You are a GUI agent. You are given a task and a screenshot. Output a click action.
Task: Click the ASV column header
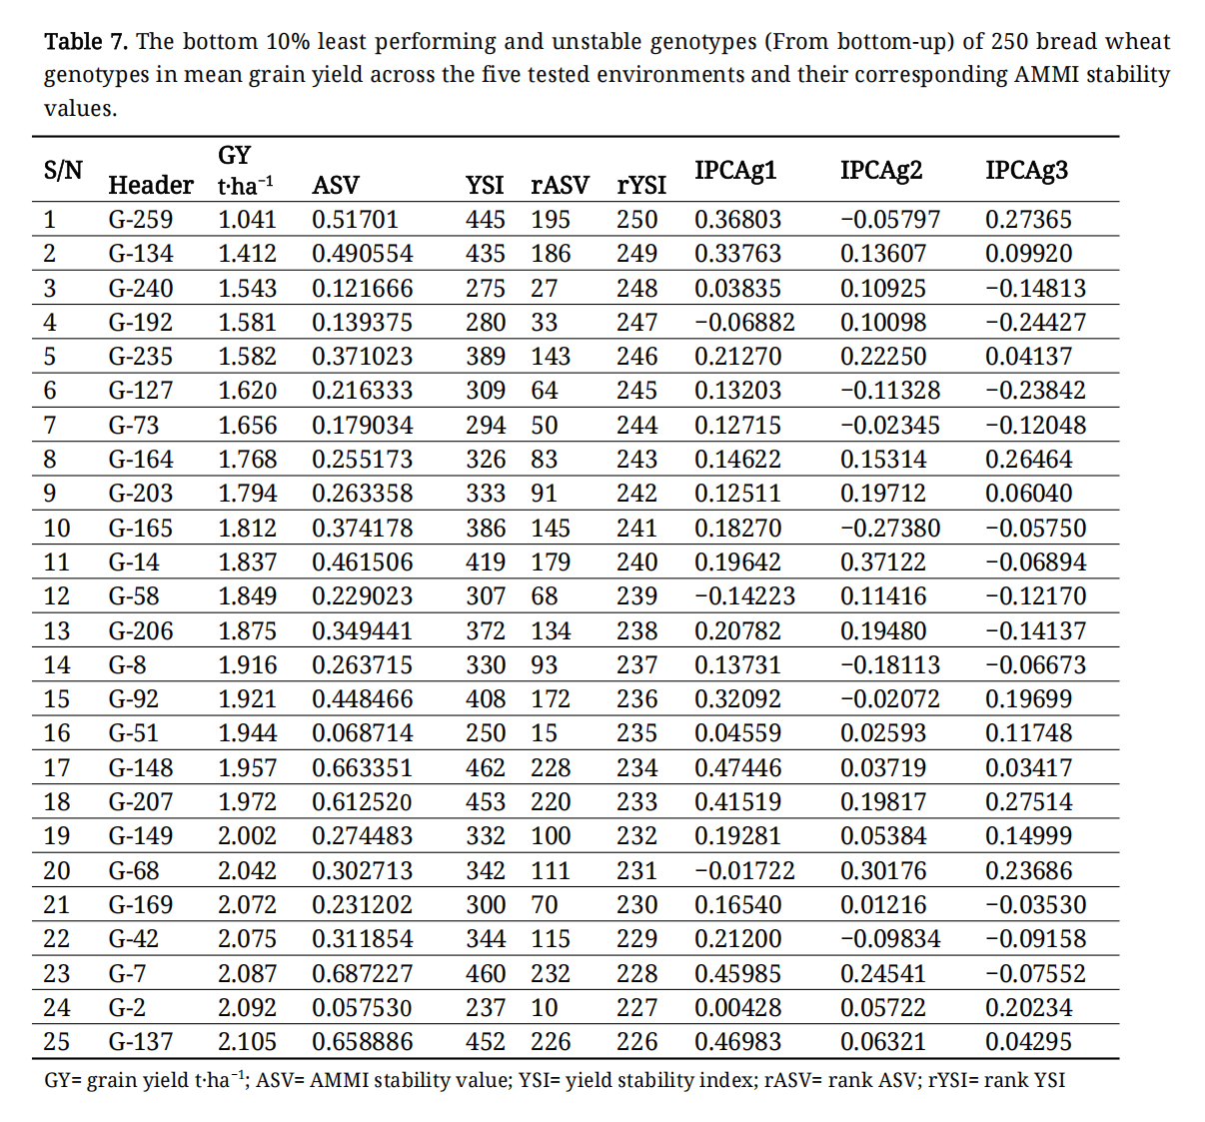[335, 185]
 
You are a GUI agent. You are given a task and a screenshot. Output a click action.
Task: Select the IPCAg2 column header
[880, 170]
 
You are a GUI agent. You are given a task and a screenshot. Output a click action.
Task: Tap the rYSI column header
[641, 185]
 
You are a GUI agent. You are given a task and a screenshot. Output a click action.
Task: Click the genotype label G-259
[140, 219]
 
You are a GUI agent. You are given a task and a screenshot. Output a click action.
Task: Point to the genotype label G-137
[140, 1041]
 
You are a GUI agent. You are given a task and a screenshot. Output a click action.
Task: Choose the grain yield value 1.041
[247, 219]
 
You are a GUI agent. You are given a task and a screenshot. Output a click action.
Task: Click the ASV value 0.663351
[362, 767]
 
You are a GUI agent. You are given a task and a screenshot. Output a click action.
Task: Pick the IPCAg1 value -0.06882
[744, 322]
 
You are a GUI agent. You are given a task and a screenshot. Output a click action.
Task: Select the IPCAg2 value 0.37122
[882, 561]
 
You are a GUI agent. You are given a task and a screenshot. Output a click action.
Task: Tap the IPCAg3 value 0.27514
[1028, 801]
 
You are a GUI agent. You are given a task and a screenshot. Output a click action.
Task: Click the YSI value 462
[486, 767]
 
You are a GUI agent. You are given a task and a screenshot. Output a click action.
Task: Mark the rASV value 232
[551, 973]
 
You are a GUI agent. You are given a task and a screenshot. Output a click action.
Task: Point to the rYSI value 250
[636, 219]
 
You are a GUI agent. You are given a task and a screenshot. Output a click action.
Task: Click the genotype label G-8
[127, 664]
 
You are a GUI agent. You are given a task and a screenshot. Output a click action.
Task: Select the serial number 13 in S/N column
[57, 630]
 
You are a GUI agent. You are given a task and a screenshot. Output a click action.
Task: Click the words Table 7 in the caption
[86, 42]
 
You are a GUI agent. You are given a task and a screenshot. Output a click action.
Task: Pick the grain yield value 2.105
[247, 1041]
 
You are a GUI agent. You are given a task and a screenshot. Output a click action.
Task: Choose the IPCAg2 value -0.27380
[889, 528]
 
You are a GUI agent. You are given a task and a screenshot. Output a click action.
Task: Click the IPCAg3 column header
[1026, 170]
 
